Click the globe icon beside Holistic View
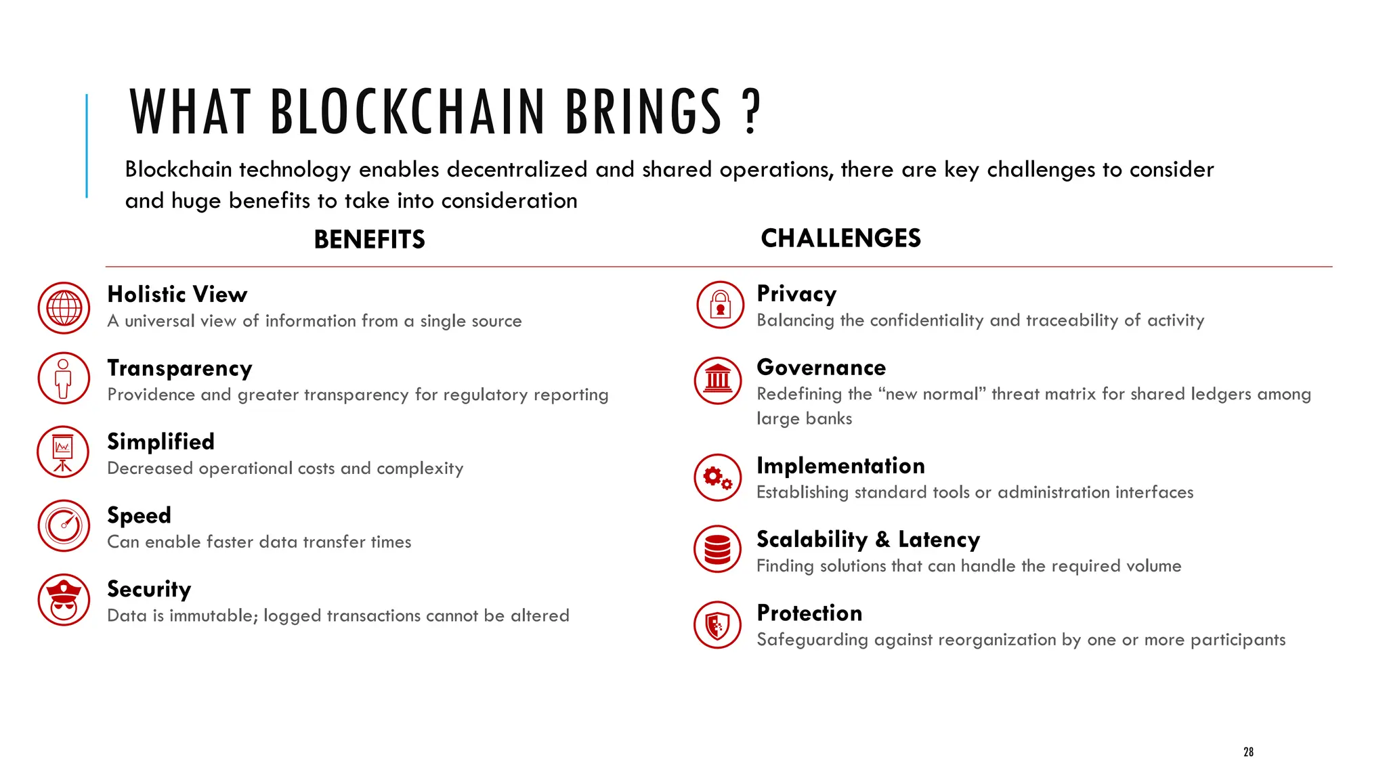coord(64,308)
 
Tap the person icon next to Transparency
coord(64,378)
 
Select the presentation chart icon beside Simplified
coord(63,452)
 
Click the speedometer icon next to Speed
coord(64,525)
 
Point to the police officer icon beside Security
coord(64,599)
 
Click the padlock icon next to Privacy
coord(720,305)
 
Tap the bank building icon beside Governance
coord(718,381)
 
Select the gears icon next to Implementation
coord(718,477)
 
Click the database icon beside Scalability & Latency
coord(718,549)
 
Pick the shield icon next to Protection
coord(718,625)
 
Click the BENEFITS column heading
coord(369,240)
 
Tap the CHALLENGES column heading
coord(840,238)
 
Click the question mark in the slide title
coord(751,112)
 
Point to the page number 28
coord(1248,752)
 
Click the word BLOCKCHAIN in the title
coord(408,112)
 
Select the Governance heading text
coord(821,368)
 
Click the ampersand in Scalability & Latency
coord(882,540)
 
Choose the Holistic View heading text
coord(177,295)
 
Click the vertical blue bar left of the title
coord(87,146)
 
